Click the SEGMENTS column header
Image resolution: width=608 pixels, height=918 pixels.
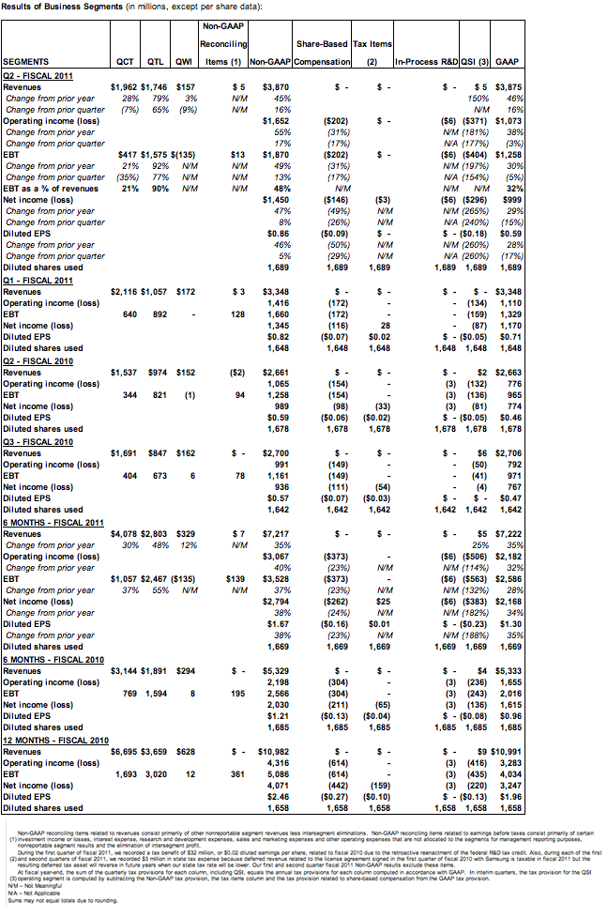24,62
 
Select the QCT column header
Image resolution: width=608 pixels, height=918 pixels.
122,62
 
